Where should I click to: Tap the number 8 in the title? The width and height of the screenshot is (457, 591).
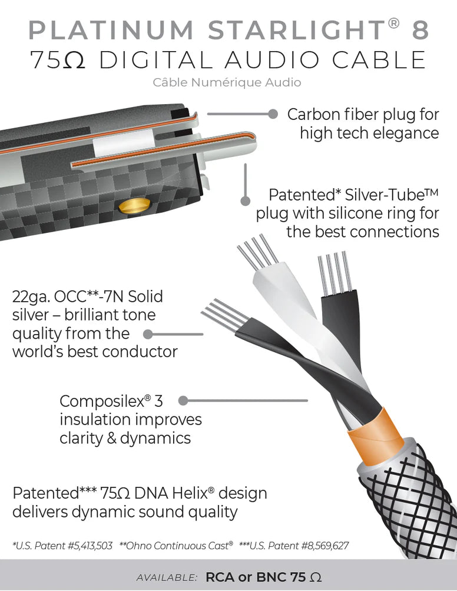419,31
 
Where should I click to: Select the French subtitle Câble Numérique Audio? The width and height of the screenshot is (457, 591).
227,82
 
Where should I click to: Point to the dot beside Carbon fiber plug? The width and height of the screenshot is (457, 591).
273,113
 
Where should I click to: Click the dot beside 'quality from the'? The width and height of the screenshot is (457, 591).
148,334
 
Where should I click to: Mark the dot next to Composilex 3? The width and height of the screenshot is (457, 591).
183,401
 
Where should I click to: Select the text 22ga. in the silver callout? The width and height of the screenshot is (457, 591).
31,296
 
